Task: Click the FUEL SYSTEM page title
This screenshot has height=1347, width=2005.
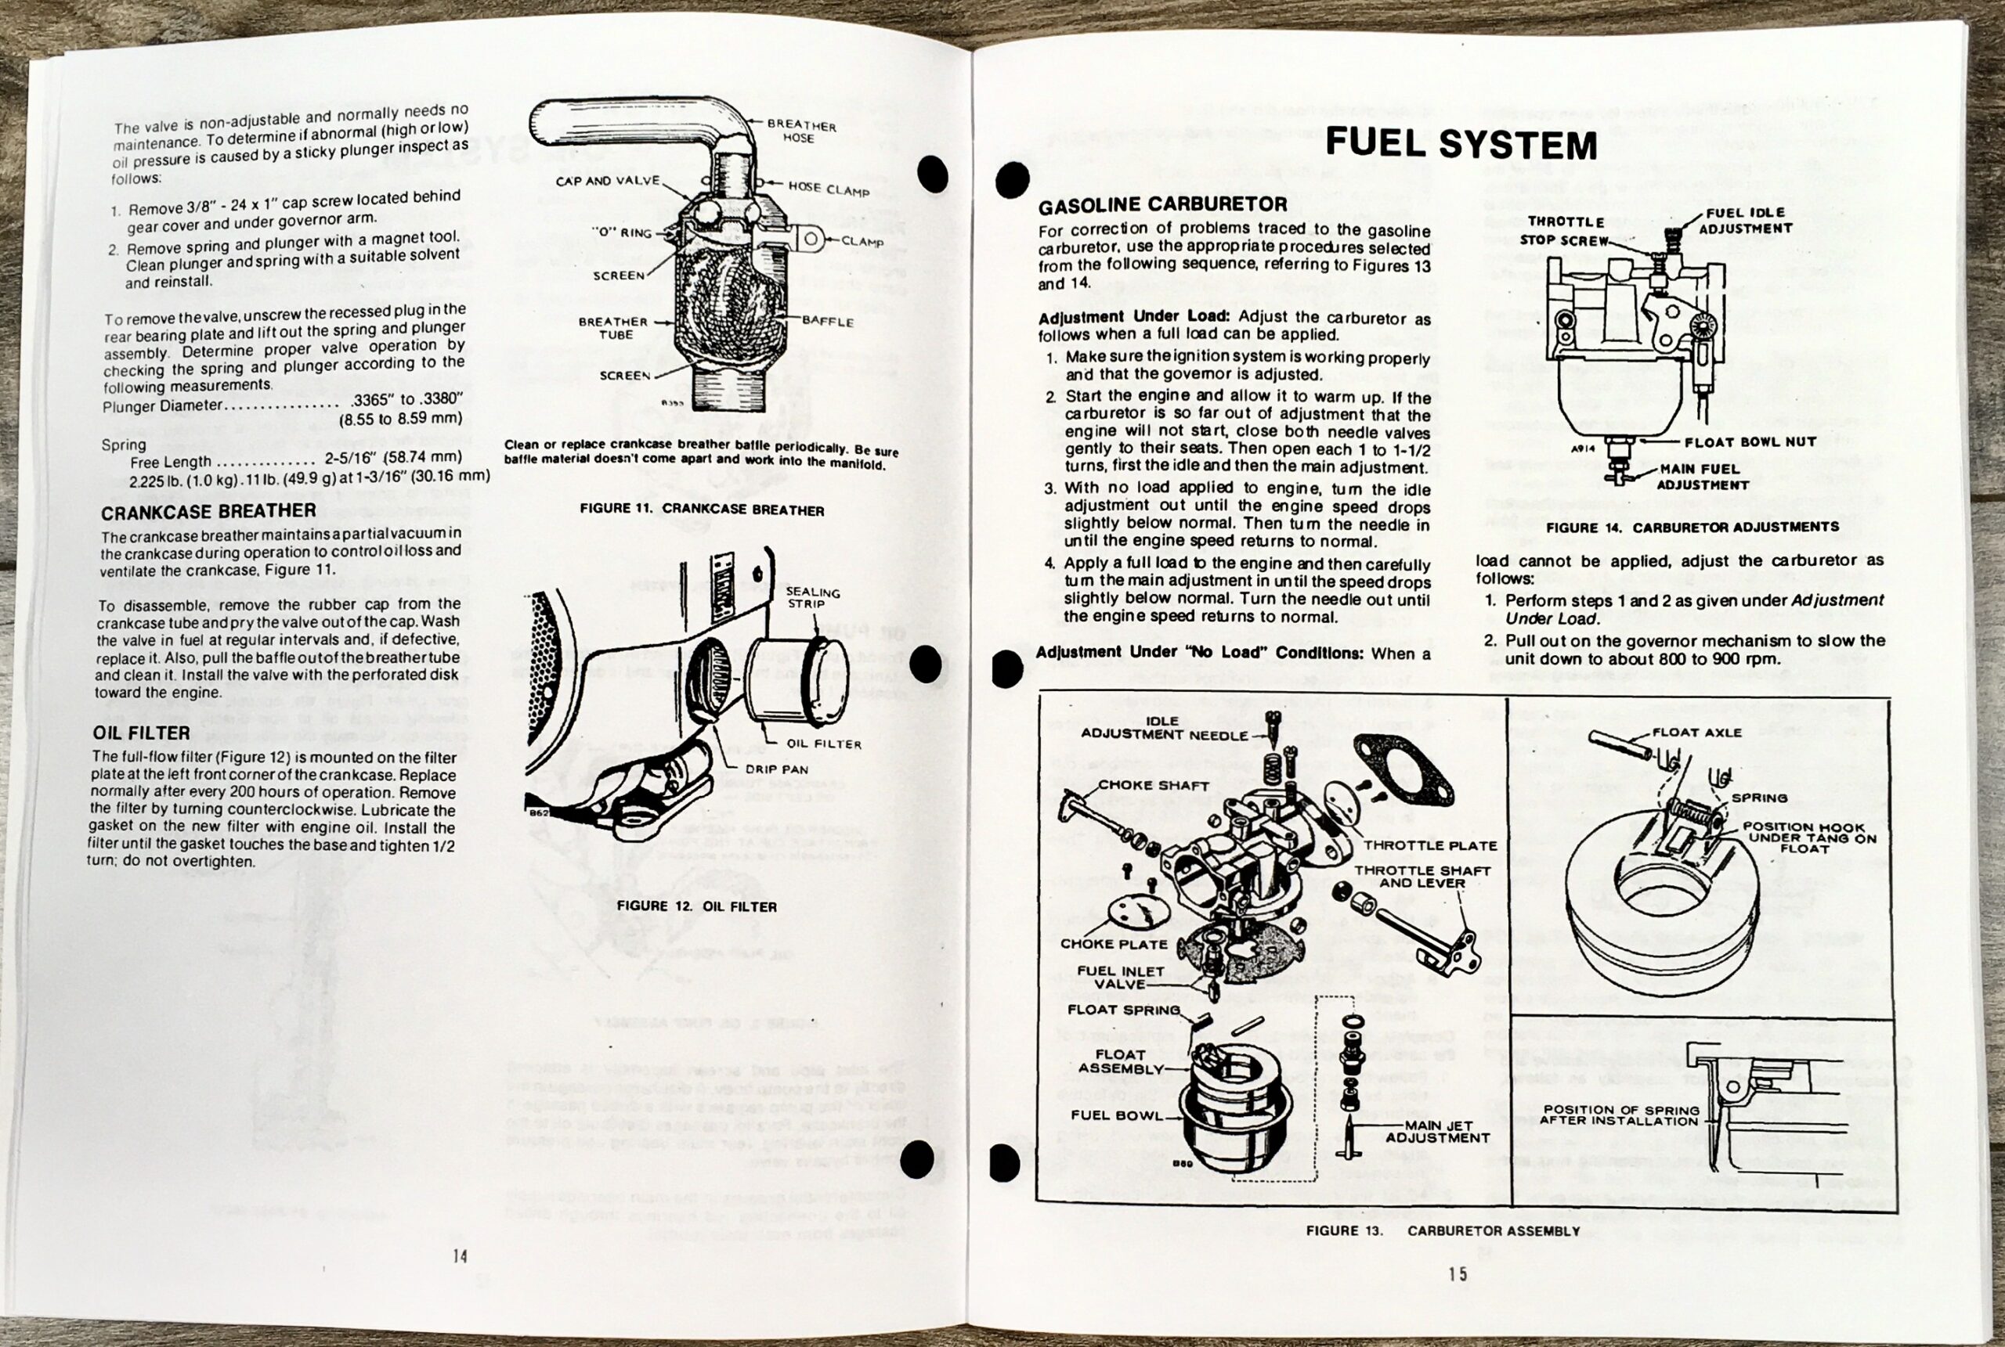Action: tap(1460, 143)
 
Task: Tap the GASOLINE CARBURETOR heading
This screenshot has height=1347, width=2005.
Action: tap(1162, 204)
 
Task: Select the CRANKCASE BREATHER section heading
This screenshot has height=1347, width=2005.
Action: tap(208, 511)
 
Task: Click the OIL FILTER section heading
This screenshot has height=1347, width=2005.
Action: tap(141, 733)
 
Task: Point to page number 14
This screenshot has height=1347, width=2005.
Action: tap(460, 1256)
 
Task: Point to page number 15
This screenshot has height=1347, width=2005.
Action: tap(1458, 1274)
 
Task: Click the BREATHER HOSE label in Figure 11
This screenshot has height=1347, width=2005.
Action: tap(800, 131)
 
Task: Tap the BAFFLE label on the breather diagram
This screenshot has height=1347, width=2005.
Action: tap(828, 322)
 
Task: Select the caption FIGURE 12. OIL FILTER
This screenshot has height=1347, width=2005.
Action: tap(696, 906)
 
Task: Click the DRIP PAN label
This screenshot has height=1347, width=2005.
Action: tap(776, 769)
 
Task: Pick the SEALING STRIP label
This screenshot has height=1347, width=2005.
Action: tap(812, 598)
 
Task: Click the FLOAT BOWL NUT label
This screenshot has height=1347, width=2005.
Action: tap(1750, 442)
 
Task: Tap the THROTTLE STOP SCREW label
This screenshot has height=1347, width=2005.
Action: tap(1565, 231)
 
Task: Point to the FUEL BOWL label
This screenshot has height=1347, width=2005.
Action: tap(1115, 1116)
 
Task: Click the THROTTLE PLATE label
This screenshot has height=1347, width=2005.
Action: tap(1429, 845)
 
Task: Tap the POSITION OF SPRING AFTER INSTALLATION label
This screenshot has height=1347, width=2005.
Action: tap(1619, 1115)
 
